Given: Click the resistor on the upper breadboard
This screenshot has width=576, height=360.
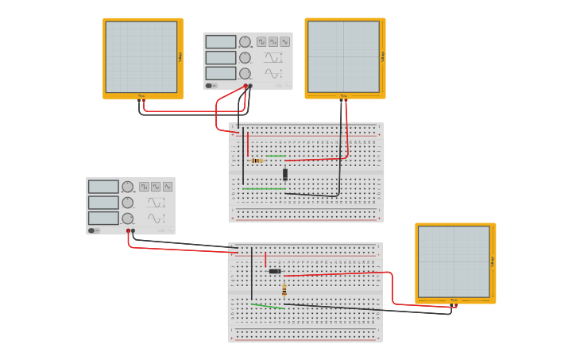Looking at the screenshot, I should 257,161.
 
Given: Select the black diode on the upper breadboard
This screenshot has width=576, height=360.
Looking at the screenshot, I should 285,174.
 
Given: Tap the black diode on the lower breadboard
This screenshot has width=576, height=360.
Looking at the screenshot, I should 275,271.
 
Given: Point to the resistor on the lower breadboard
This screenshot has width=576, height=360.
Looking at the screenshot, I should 284,290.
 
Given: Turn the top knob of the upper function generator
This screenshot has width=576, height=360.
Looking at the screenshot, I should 245,41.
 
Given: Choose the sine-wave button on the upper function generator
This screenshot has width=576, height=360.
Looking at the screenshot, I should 284,41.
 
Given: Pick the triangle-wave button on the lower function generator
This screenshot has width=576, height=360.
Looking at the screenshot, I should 156,187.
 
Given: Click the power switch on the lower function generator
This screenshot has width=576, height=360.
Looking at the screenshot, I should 92,230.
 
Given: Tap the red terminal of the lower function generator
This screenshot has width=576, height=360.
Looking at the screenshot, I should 128,231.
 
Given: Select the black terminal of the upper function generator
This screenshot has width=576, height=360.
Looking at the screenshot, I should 250,86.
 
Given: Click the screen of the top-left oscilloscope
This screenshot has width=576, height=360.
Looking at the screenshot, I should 141,56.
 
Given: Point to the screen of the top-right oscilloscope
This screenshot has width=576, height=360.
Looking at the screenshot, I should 343,56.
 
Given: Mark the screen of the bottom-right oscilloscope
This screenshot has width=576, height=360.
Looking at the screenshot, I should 454,261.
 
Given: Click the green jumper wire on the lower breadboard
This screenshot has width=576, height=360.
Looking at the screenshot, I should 267,305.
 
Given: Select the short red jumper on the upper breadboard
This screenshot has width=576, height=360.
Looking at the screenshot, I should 248,144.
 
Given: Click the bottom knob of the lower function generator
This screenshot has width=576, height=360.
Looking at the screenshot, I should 127,219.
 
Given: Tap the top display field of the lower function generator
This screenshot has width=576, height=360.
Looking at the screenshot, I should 103,187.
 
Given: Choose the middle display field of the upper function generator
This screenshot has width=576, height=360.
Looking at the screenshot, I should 221,57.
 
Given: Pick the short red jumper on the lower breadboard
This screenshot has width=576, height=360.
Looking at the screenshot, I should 265,260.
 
